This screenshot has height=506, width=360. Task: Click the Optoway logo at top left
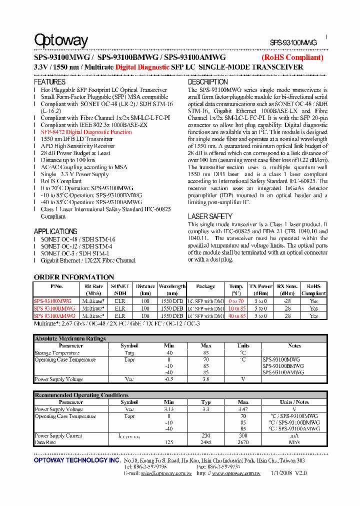click(60, 41)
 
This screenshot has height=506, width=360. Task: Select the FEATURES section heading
click(49, 82)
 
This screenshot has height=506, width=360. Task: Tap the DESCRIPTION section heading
click(207, 82)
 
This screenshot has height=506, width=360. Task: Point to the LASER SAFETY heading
click(210, 216)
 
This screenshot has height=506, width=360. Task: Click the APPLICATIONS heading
click(55, 231)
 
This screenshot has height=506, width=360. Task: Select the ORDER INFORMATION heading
click(74, 277)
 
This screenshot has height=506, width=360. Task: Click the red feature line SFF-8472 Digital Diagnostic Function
click(86, 132)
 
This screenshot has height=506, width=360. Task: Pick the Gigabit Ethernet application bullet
click(88, 260)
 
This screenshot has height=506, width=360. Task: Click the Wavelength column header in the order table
click(172, 289)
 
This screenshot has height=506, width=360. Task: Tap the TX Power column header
click(260, 289)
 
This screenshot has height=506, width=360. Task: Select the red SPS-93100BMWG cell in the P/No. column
click(54, 308)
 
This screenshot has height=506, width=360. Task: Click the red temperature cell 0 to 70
click(236, 301)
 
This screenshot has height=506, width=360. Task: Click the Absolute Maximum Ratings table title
click(70, 338)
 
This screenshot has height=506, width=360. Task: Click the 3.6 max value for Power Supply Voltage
click(206, 379)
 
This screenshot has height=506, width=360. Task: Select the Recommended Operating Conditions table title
click(81, 395)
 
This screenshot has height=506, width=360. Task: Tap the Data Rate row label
click(45, 442)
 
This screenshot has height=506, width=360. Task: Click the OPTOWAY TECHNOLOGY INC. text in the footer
click(76, 460)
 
